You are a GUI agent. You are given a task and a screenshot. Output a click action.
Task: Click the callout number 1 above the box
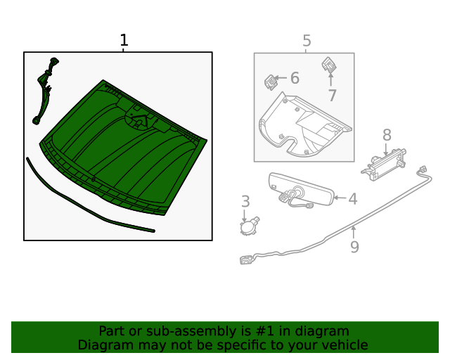[124, 41]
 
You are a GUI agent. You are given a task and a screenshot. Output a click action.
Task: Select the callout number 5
[307, 41]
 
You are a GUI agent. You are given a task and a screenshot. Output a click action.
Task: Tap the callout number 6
[295, 78]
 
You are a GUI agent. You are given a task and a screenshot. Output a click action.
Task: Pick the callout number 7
[332, 96]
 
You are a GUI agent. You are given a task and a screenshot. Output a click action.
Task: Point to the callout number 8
[387, 134]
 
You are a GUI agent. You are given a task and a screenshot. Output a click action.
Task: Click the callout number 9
[354, 247]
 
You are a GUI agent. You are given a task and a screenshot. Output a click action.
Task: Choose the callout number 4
[352, 199]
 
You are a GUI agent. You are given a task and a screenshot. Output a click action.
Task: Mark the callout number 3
[245, 202]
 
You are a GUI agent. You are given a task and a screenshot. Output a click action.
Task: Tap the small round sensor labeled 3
[247, 226]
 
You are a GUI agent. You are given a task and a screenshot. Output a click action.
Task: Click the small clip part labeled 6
[270, 82]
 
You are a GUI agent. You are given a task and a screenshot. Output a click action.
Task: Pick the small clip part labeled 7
[329, 65]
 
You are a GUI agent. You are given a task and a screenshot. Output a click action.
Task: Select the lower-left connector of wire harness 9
[246, 260]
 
